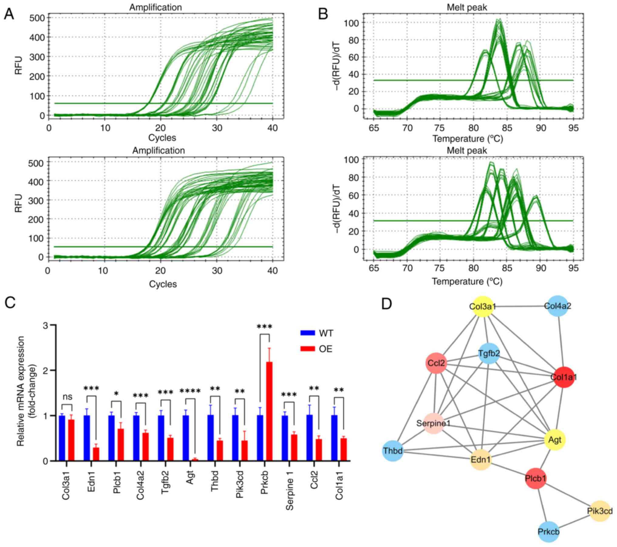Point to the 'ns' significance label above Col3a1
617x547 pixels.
(x=67, y=397)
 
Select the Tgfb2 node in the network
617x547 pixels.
(x=489, y=354)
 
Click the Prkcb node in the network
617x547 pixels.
(x=548, y=532)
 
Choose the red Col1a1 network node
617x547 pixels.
(x=564, y=377)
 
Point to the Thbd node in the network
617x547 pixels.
(x=393, y=451)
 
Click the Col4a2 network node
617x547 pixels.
(x=557, y=306)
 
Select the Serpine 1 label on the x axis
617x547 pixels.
(x=290, y=490)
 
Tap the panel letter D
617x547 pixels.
(x=387, y=304)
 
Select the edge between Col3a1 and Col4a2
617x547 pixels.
(x=520, y=306)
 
